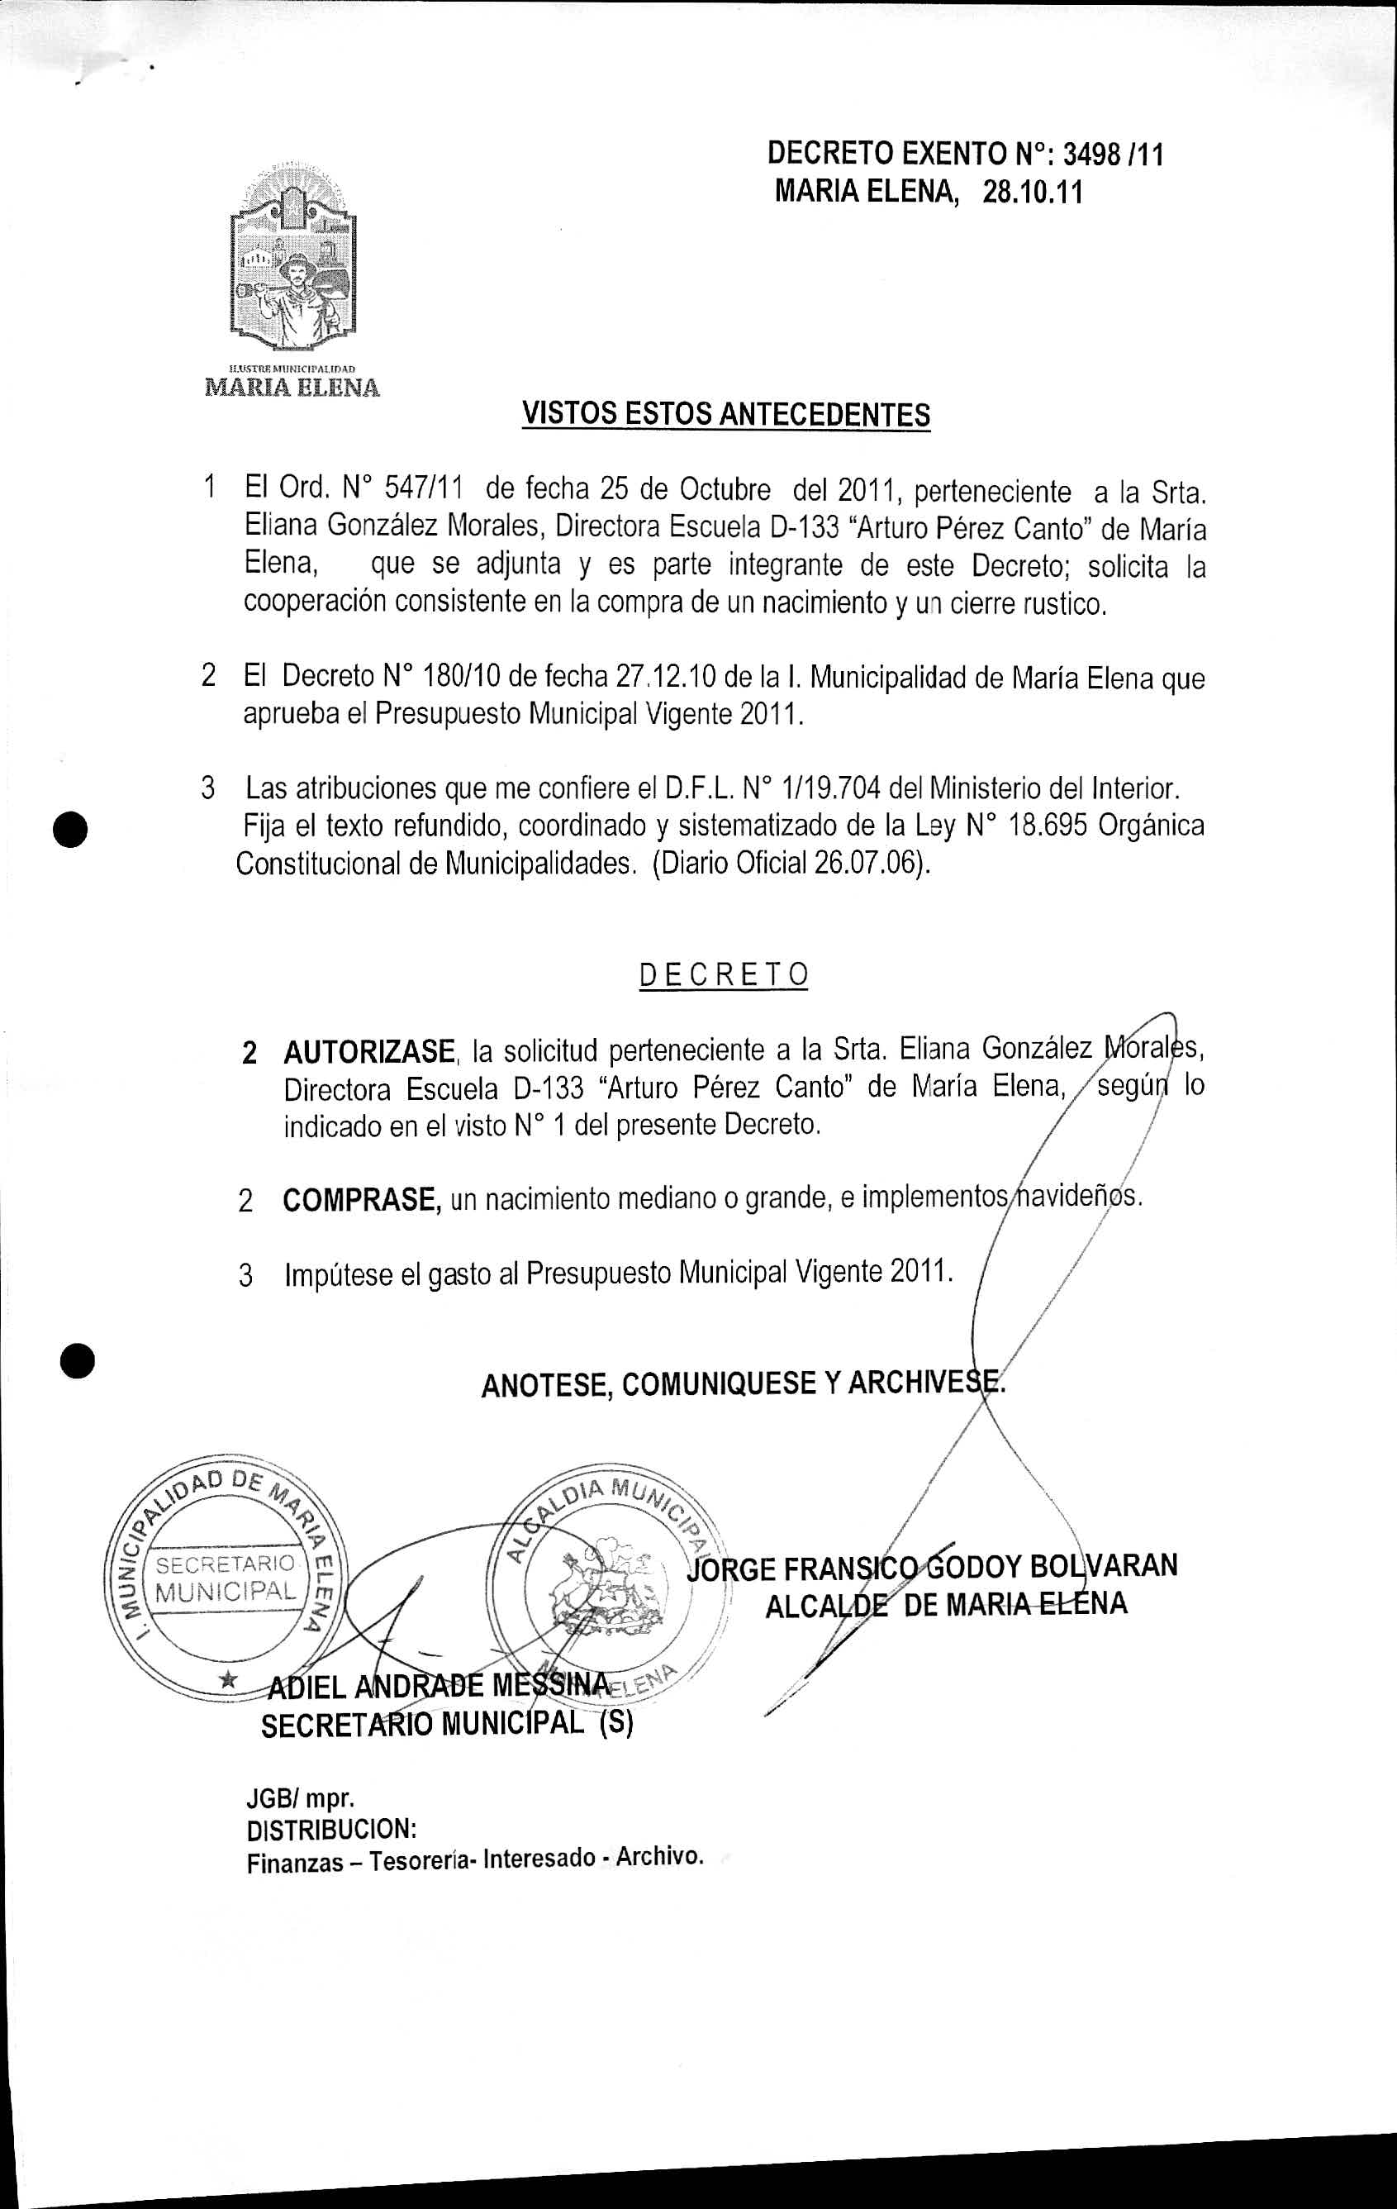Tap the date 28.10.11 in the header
(x=1032, y=193)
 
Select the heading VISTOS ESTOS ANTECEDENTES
(x=725, y=415)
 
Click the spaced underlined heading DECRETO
(x=724, y=974)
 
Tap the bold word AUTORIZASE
(x=368, y=1051)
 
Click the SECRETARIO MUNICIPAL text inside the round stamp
(x=226, y=1578)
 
